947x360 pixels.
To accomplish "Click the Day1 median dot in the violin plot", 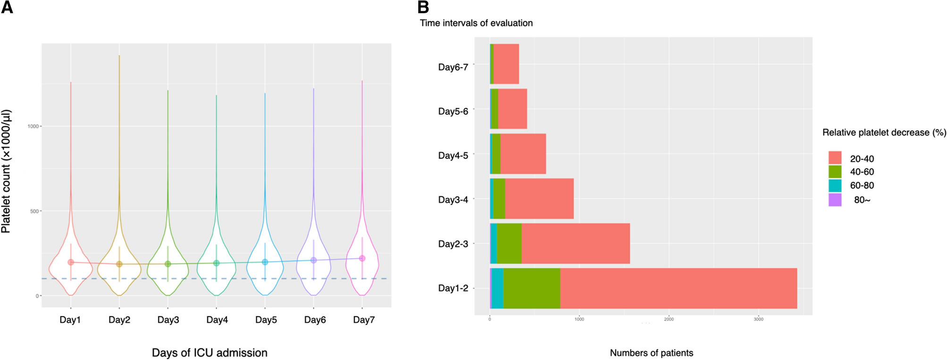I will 71,262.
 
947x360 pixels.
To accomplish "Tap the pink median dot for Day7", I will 362,258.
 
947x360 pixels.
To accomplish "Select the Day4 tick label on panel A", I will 217,320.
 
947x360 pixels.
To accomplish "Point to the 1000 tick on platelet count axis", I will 34,126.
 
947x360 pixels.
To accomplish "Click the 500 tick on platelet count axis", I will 34,211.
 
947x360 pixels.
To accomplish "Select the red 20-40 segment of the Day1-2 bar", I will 678,288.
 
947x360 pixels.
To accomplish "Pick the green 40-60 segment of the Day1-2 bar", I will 531,288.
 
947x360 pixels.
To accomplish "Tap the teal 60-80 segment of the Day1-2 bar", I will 497,288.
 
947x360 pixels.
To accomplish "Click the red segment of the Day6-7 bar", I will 506,64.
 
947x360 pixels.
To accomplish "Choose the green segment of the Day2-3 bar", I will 509,243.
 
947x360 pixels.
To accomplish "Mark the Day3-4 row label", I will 453,200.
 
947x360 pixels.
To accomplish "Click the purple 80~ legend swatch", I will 835,200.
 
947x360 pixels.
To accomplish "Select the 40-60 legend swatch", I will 835,172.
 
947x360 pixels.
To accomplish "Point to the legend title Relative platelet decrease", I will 884,133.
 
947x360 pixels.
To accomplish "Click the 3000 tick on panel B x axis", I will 758,319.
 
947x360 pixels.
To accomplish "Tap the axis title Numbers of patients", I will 651,353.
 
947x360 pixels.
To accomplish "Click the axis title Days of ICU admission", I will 210,353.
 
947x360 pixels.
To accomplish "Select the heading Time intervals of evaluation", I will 476,23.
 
